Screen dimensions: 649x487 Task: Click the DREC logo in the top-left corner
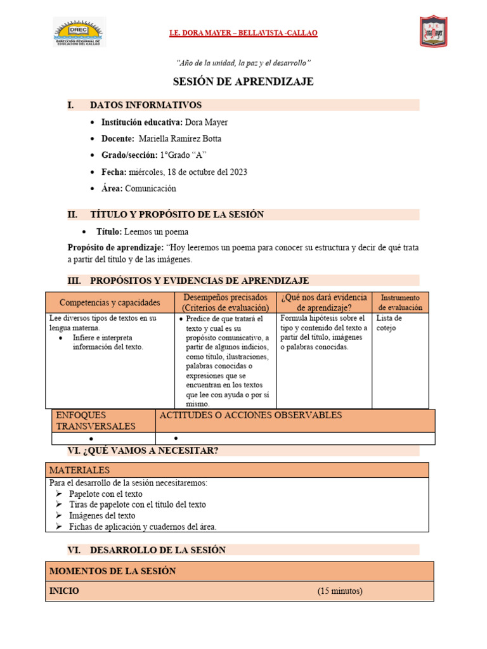[79, 32]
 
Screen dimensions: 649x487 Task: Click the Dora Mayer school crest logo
[434, 32]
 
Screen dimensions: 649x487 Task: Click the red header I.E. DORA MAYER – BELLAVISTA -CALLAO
[243, 33]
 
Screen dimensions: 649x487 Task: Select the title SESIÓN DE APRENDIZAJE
[243, 82]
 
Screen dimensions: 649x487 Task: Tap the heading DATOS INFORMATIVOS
[146, 105]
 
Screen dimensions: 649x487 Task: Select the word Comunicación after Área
[150, 188]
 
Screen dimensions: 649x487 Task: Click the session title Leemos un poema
[156, 232]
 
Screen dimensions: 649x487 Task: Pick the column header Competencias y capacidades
[110, 303]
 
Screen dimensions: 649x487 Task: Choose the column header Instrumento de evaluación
[399, 302]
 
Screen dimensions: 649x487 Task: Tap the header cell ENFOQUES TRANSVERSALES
[95, 421]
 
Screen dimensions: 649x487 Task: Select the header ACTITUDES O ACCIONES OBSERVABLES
[250, 416]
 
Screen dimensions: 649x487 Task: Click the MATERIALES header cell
[79, 470]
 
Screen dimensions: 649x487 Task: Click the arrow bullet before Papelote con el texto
[58, 494]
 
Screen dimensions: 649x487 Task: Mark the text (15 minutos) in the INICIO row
[340, 591]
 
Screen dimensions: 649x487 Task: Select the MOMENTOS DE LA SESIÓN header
[112, 571]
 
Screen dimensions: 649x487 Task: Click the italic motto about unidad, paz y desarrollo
[243, 63]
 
